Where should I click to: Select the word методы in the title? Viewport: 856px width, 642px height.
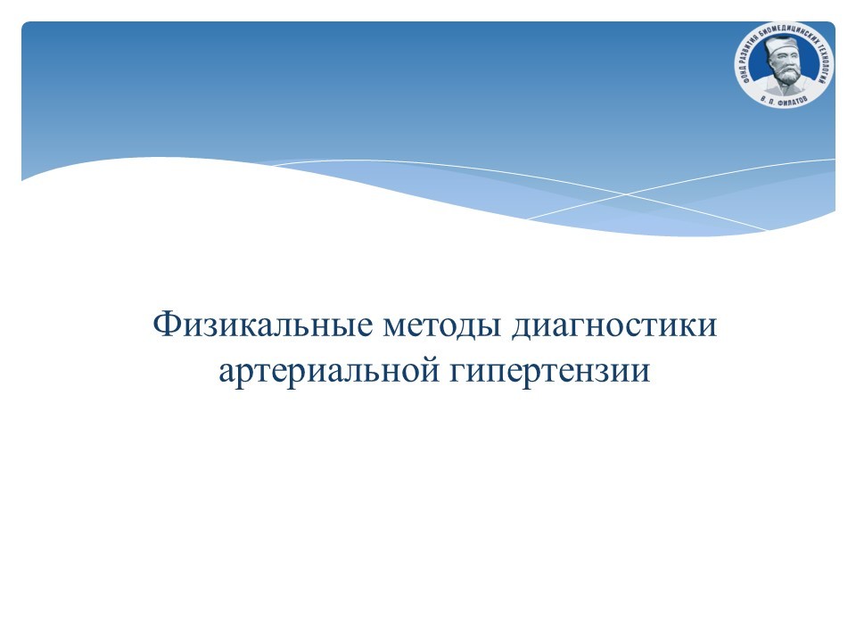442,325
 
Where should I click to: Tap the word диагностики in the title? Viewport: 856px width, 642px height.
614,325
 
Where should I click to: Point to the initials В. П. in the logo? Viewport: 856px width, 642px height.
768,98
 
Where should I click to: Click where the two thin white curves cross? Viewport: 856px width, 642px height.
626,193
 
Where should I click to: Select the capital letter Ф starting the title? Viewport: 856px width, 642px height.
164,325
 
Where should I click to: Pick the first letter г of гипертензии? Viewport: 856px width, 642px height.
458,374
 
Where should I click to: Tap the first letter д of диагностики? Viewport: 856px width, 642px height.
521,327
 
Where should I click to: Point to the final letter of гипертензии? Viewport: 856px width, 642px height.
642,374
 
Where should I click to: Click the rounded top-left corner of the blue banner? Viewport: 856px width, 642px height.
25,25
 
